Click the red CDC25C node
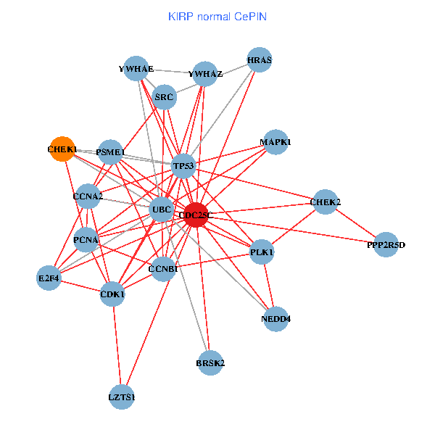[x=196, y=215]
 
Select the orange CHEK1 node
[x=62, y=149]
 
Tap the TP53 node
[x=184, y=166]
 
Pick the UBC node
[x=161, y=210]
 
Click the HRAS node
[x=259, y=60]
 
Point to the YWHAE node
[x=136, y=68]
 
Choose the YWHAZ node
[x=205, y=73]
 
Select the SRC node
[x=165, y=96]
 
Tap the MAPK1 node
[x=275, y=142]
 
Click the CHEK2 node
[x=325, y=202]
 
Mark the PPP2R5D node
[x=386, y=245]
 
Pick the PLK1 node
[x=262, y=252]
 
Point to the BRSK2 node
[x=210, y=362]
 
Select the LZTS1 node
[x=122, y=397]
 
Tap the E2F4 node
[x=49, y=278]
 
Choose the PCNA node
[x=86, y=239]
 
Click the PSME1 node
[x=110, y=152]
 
